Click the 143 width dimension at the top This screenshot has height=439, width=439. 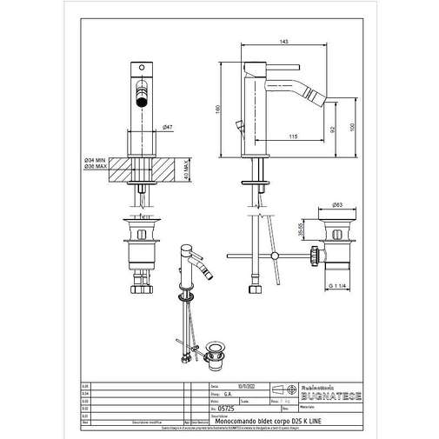coord(284,42)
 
